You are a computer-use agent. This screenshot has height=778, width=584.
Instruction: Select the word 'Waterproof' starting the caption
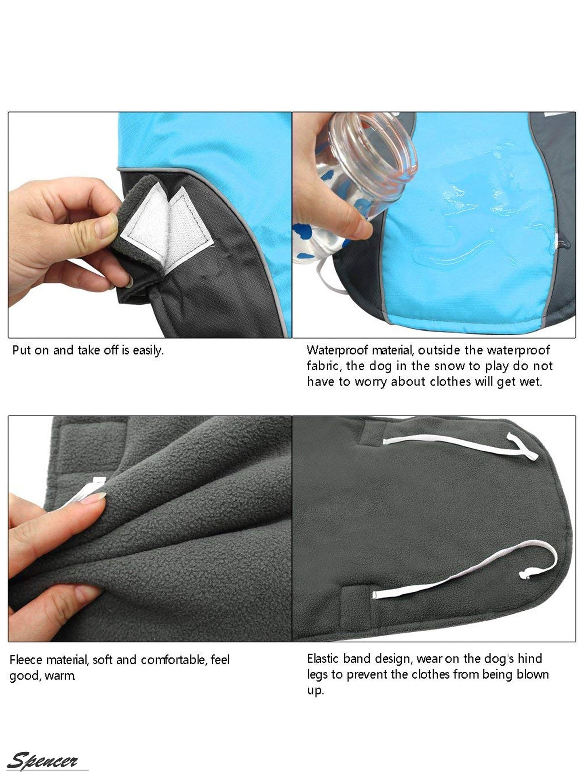pyautogui.click(x=338, y=350)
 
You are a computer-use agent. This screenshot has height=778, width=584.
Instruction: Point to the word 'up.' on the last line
pyautogui.click(x=315, y=691)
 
